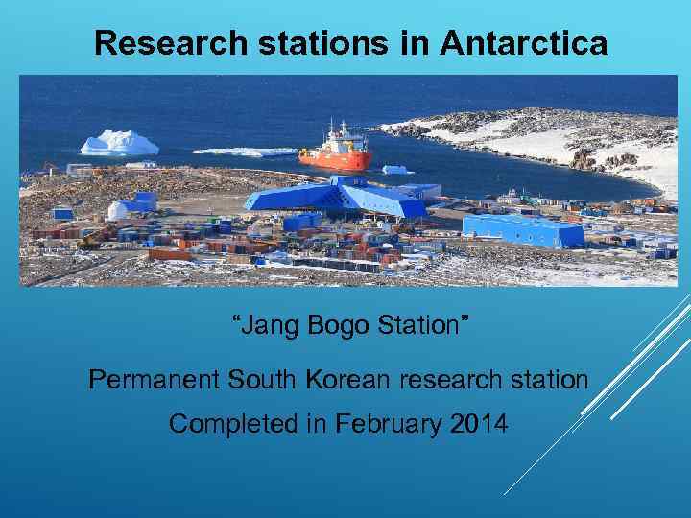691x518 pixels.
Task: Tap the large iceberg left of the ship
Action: pyautogui.click(x=119, y=143)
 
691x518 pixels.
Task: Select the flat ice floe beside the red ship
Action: pyautogui.click(x=244, y=152)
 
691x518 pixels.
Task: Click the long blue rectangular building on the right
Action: pyautogui.click(x=522, y=229)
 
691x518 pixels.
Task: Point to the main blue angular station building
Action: pyautogui.click(x=336, y=199)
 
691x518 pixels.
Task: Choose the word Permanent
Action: pyautogui.click(x=154, y=380)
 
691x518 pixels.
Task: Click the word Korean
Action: pyautogui.click(x=349, y=380)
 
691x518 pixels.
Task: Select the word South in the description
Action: pyautogui.click(x=263, y=380)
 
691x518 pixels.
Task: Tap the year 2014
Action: pyautogui.click(x=477, y=423)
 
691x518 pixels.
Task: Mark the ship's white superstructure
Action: pyautogui.click(x=335, y=137)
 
